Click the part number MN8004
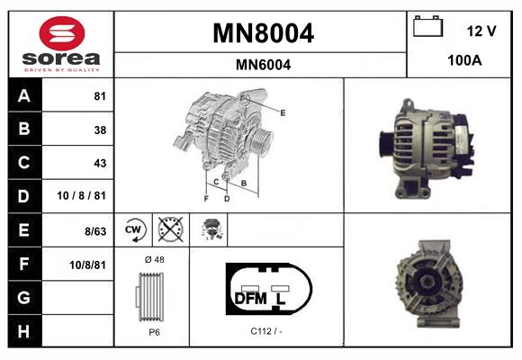pyautogui.click(x=263, y=33)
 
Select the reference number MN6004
pyautogui.click(x=263, y=64)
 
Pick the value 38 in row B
pyautogui.click(x=100, y=130)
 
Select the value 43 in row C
pyautogui.click(x=100, y=163)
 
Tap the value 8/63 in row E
pyautogui.click(x=94, y=230)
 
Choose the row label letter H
pyautogui.click(x=23, y=330)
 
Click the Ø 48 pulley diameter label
pyautogui.click(x=153, y=259)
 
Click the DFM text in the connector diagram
pyautogui.click(x=251, y=297)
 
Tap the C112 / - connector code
pyautogui.click(x=267, y=330)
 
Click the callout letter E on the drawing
pyautogui.click(x=283, y=112)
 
